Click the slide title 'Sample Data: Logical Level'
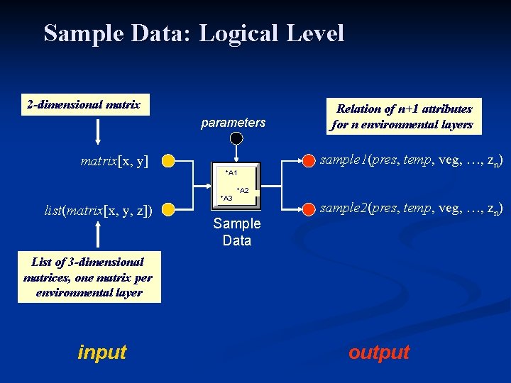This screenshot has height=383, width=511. (194, 33)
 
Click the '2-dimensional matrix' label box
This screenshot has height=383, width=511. (83, 106)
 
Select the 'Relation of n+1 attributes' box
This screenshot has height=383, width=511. (404, 116)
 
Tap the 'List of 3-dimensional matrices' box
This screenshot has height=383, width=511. (89, 277)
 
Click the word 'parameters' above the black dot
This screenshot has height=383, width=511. (233, 123)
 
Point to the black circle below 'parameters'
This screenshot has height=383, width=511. (236, 140)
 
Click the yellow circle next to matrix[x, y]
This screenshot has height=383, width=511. (167, 161)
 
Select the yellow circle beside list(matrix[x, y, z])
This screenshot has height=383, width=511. (167, 209)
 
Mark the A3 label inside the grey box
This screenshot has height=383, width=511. (226, 198)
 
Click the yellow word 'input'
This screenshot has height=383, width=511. (102, 352)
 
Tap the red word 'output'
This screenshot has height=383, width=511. (379, 352)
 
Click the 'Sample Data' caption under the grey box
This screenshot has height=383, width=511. (236, 232)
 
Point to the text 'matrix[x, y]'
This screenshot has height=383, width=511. (114, 161)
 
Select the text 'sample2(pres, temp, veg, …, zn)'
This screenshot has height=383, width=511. (412, 209)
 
